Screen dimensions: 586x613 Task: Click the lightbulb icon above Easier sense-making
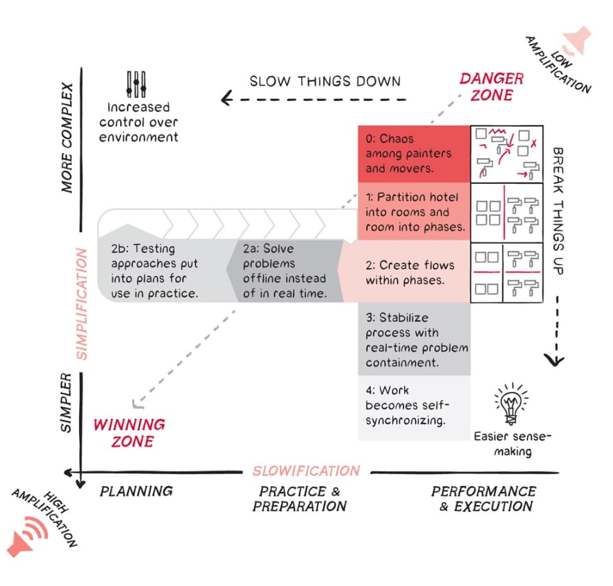coord(511,404)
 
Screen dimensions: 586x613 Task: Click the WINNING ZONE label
coord(129,432)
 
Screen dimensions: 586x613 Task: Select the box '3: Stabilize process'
coord(414,339)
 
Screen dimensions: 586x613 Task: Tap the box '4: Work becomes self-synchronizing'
coord(414,406)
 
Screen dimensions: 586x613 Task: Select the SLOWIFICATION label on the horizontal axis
coord(306,471)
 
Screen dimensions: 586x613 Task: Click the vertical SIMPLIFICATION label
coord(82,304)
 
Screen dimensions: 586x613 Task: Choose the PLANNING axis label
coord(136,492)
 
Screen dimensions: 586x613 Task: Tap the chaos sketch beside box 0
coord(506,154)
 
